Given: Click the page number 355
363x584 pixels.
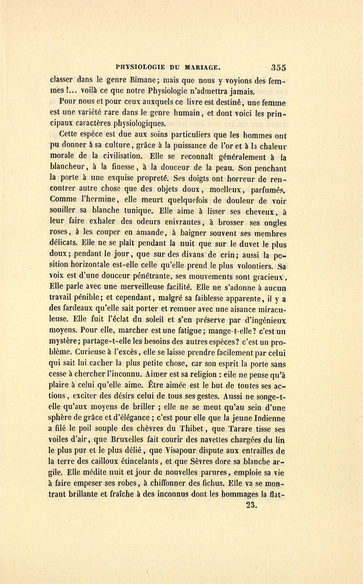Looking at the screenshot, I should tap(279, 67).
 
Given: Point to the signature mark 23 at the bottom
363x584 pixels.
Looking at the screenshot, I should tap(251, 504).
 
